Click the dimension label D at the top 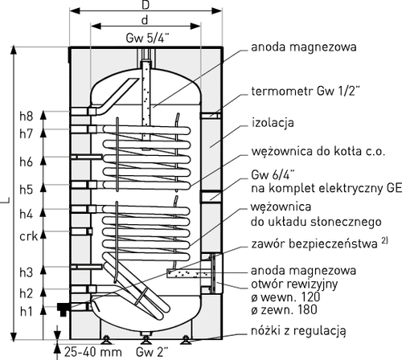[x=146, y=6]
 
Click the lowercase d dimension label [x=145, y=20]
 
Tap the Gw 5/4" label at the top [x=148, y=38]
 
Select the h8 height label [x=27, y=116]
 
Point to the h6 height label [x=27, y=162]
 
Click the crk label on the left [x=28, y=236]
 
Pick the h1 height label [x=27, y=311]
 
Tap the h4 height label [x=27, y=214]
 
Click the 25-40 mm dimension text [x=93, y=352]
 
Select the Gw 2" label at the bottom [x=153, y=352]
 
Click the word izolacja [x=273, y=123]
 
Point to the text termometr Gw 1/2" [x=306, y=92]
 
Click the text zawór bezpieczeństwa [x=314, y=244]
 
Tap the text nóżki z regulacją [x=298, y=331]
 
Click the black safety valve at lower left [x=64, y=309]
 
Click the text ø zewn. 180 [x=285, y=310]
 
